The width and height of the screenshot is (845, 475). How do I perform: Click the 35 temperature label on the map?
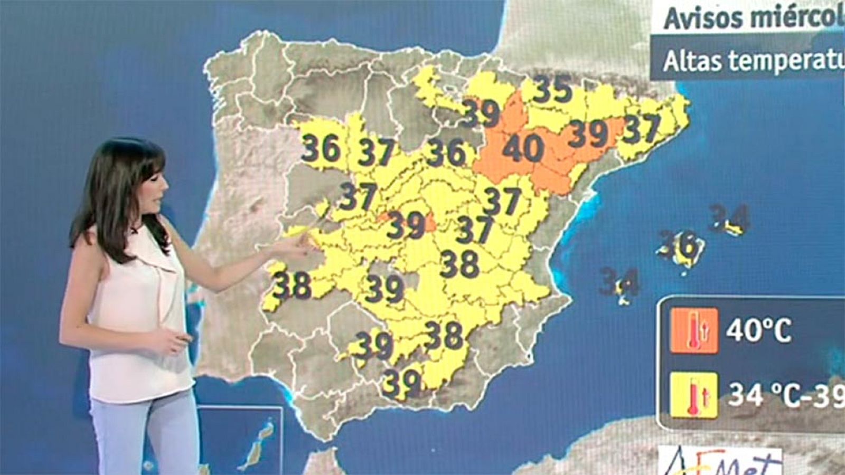point(552,89)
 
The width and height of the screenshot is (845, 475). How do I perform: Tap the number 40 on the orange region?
point(523,148)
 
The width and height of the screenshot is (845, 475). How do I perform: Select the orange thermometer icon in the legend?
point(694,330)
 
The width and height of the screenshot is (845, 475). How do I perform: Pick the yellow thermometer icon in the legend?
point(694,395)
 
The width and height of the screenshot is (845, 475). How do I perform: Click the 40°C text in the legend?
point(758,330)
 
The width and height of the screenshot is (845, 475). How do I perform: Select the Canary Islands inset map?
point(240,441)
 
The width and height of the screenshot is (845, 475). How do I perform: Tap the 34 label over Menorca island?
point(729,217)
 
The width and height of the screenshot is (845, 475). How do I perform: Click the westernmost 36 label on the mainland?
point(322,148)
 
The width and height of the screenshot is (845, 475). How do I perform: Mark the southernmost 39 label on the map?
point(402,382)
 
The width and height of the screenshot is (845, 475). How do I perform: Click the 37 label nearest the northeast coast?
point(641,129)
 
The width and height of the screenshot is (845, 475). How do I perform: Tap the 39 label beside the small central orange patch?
point(406,226)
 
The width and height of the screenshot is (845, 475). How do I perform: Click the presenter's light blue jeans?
point(143,433)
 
